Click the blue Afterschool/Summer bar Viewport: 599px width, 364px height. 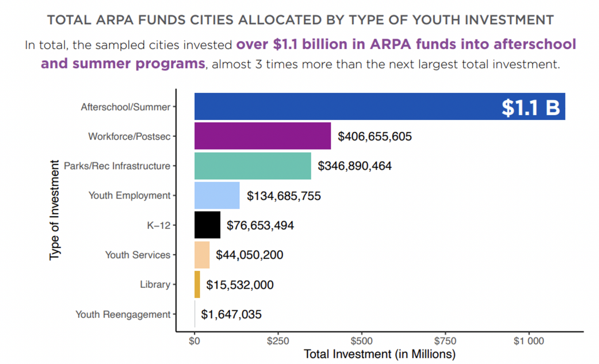point(347,107)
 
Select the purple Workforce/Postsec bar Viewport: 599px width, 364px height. point(262,136)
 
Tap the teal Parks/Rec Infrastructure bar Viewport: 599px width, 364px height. point(253,165)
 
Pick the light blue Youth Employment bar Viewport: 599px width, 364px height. point(217,195)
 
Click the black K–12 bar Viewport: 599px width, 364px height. point(207,225)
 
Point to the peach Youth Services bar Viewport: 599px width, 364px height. point(202,255)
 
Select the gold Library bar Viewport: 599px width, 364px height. point(197,284)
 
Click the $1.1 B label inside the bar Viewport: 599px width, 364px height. point(531,108)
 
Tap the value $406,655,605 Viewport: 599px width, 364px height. point(374,136)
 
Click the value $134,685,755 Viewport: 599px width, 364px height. point(284,196)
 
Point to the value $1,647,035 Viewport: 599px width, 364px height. point(231,314)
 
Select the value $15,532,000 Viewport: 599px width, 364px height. point(240,285)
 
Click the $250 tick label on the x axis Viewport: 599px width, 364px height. point(278,341)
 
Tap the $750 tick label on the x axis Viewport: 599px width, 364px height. point(445,341)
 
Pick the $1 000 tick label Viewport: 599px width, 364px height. point(528,341)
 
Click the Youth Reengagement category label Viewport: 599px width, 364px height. point(123,314)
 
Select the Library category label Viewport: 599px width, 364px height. point(155,284)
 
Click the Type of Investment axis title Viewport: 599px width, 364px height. point(54,210)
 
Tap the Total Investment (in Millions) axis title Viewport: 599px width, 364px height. point(379,354)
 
